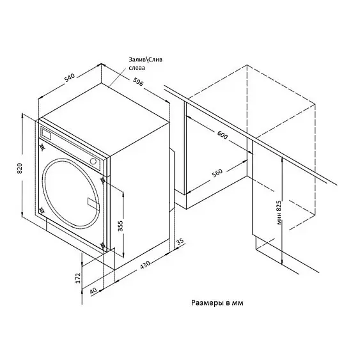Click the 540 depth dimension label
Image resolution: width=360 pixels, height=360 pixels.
[70, 77]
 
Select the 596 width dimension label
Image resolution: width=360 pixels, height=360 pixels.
[138, 82]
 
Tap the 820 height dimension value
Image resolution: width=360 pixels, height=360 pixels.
[20, 168]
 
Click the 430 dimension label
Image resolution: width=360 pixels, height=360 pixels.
[145, 265]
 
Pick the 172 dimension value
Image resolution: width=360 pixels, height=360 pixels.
[78, 278]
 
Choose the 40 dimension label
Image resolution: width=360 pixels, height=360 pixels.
[93, 291]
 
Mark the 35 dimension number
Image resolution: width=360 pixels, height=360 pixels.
[180, 241]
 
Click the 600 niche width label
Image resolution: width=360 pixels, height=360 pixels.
[222, 135]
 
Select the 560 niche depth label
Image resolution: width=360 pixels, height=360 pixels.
[217, 173]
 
